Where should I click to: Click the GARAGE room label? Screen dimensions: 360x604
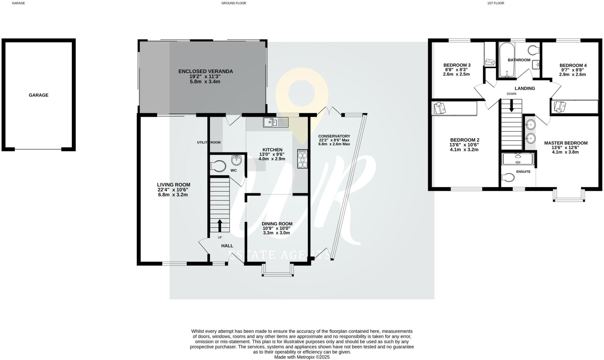pos(38,95)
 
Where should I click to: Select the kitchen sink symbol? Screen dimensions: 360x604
pos(275,122)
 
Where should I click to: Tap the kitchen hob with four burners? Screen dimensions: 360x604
pos(303,159)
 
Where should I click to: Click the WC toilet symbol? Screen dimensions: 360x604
pos(218,166)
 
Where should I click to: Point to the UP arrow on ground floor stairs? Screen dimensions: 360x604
pos(220,225)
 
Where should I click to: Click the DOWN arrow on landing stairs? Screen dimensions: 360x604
pos(511,106)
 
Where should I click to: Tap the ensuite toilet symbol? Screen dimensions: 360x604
pos(508,177)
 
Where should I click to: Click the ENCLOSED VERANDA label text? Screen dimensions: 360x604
pos(206,71)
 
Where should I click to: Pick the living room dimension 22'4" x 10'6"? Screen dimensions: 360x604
pos(173,190)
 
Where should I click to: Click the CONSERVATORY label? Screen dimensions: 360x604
pos(334,136)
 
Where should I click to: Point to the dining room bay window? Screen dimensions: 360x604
pos(278,271)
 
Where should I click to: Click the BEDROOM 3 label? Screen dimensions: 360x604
pos(457,65)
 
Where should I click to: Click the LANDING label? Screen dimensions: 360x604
pos(525,88)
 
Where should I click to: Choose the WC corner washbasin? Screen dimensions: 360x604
pos(237,160)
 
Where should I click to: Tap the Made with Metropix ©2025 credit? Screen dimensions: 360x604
pos(302,357)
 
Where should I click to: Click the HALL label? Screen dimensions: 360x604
pos(227,246)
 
